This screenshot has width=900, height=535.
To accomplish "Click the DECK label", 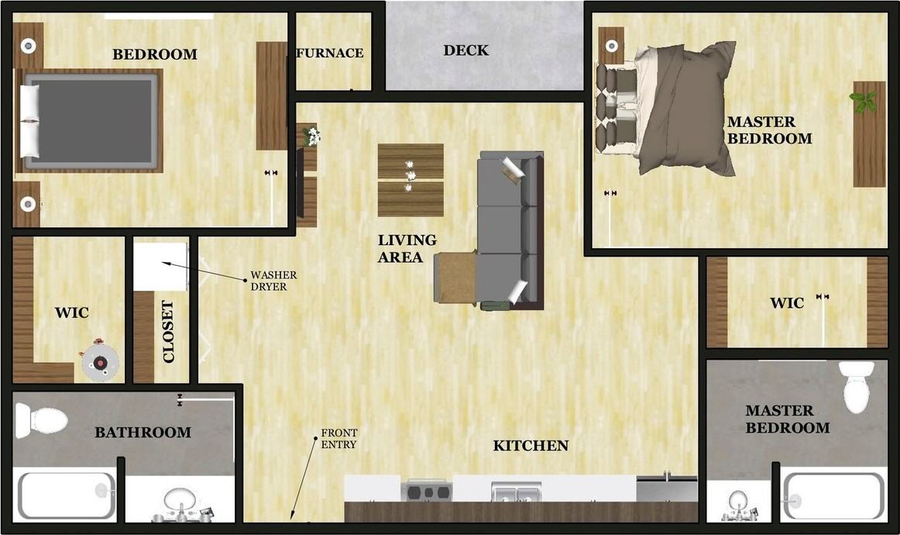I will (465, 50).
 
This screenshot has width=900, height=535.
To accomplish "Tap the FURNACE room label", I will (330, 53).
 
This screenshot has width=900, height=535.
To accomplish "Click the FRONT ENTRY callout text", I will (338, 438).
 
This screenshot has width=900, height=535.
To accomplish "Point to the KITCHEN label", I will (531, 446).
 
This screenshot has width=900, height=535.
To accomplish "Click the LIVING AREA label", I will (407, 249).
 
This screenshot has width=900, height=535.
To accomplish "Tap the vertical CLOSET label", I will (168, 332).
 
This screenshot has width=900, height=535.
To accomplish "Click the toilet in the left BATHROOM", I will (43, 421).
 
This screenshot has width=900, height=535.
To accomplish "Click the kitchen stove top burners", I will (427, 491).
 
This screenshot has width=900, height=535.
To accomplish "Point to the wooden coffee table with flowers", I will (410, 180).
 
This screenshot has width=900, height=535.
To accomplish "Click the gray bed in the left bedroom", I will (89, 120).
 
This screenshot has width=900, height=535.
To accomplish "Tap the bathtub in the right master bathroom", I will (833, 496).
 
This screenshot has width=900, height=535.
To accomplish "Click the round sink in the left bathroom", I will (180, 499).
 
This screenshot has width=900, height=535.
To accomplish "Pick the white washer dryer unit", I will (160, 266).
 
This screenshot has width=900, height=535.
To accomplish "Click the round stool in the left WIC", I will (100, 361).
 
